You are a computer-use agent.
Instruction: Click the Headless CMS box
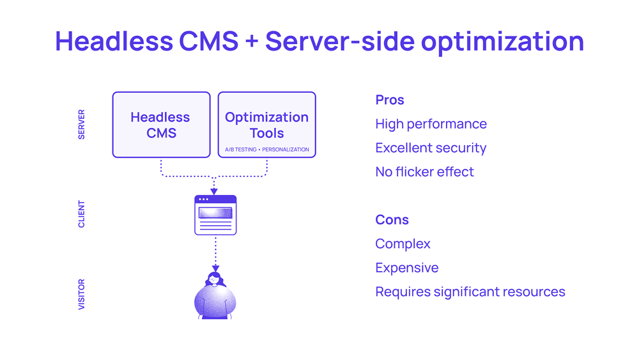click(162, 125)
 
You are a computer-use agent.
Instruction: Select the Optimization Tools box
click(267, 125)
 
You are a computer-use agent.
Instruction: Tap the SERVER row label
click(82, 124)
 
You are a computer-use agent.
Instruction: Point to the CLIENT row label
click(82, 214)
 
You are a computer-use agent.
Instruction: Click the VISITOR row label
click(82, 294)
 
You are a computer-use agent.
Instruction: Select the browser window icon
click(215, 215)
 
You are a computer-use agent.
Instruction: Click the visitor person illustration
click(215, 295)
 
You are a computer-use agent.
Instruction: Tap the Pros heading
click(390, 100)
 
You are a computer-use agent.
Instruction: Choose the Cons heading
click(392, 220)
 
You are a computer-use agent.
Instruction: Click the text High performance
click(431, 124)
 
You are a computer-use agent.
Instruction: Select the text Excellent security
click(431, 148)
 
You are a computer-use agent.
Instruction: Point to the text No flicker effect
click(425, 171)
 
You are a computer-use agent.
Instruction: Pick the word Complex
click(403, 244)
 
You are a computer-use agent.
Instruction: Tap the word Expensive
click(406, 268)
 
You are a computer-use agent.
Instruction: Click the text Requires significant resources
click(470, 292)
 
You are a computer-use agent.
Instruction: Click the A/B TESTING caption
click(241, 150)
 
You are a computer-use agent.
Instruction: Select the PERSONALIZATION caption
click(285, 150)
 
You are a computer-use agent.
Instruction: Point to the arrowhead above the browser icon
click(214, 192)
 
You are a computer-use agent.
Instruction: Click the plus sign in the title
click(252, 42)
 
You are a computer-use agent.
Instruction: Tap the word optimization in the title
click(502, 42)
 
